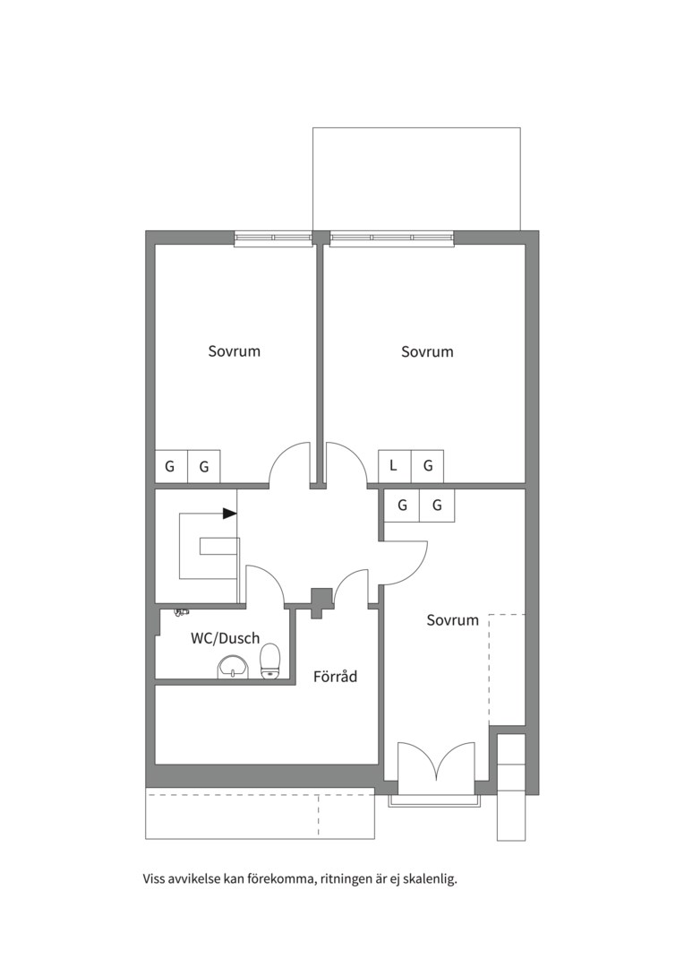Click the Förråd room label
335,677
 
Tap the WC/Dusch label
225,638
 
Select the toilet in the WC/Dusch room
270,661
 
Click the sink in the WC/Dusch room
234,667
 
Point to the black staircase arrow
229,513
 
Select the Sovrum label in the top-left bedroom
235,351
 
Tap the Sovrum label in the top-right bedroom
427,351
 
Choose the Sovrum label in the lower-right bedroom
453,620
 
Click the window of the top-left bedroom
272,238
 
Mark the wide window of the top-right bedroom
391,238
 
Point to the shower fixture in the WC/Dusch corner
181,612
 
